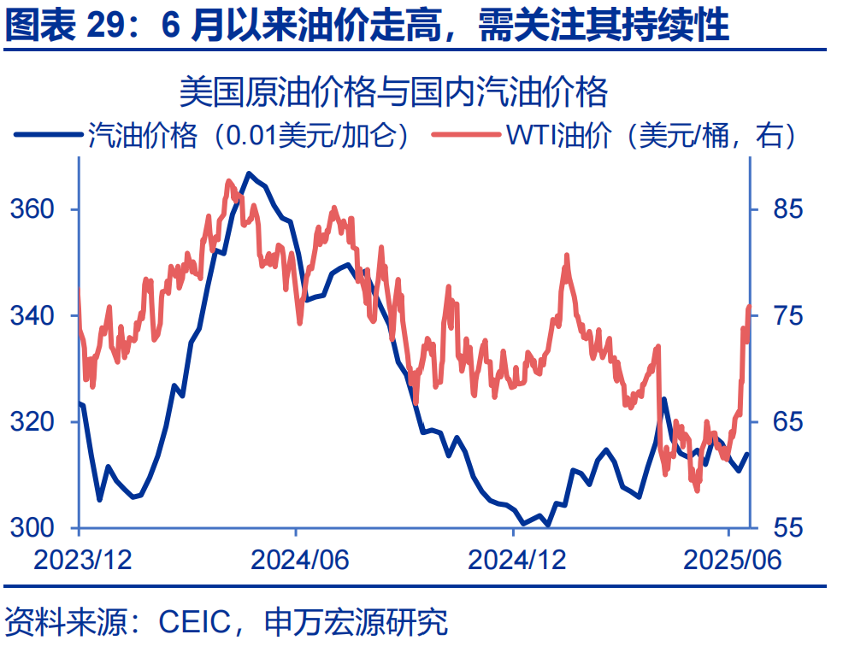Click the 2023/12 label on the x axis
coord(83,560)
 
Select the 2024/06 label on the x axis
coord(299,560)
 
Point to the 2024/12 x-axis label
coord(518,560)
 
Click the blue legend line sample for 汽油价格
coord(48,135)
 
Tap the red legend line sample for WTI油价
coord(467,135)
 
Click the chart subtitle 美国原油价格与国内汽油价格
coord(392,91)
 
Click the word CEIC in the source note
coord(195,622)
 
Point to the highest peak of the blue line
coord(248,173)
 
